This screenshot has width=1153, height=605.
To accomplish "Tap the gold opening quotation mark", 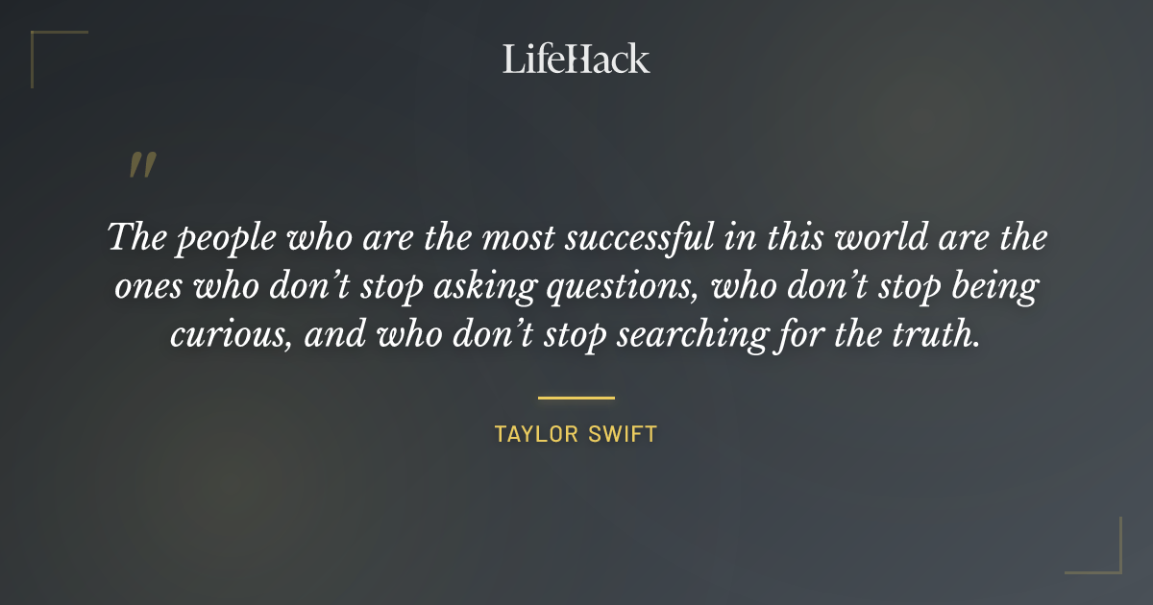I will click(142, 165).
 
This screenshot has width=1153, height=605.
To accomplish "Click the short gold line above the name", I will click(576, 398).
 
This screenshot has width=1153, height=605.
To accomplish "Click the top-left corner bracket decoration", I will click(43, 43).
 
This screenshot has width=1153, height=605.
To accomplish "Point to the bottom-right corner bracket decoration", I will click(1109, 562).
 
